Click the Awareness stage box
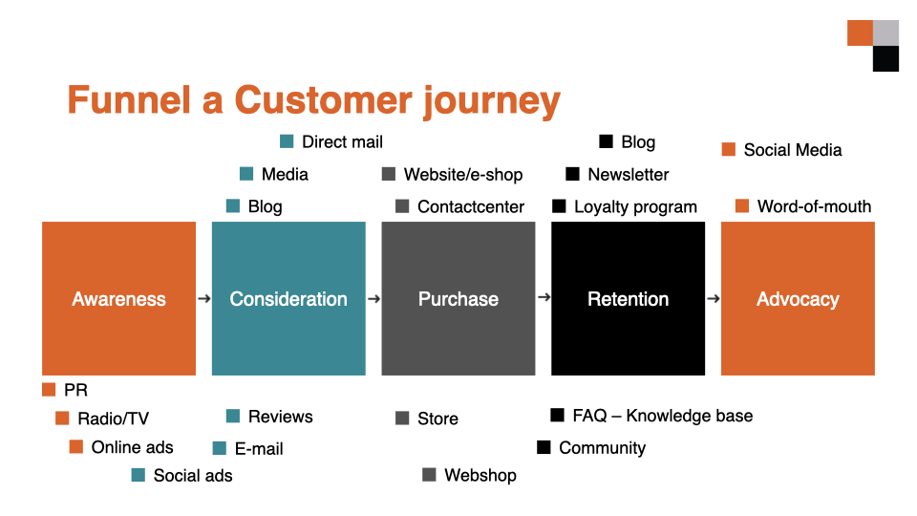[118, 298]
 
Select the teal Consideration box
[288, 298]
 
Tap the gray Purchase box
[458, 298]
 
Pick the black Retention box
[629, 298]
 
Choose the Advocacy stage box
[798, 298]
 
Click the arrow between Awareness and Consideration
[204, 299]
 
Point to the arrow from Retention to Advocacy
[713, 299]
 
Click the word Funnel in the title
[129, 100]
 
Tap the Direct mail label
[342, 142]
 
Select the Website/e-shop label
[463, 174]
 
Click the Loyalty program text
[636, 206]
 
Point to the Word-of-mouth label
[814, 206]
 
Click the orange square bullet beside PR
[49, 390]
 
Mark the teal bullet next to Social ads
[138, 475]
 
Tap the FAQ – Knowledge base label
[663, 416]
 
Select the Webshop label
[480, 475]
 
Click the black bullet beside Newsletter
[572, 174]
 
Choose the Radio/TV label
[114, 419]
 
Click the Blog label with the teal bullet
[265, 206]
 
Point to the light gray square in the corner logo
[886, 32]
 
